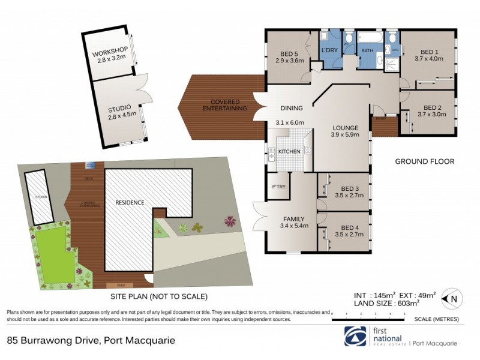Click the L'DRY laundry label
coord(329,50)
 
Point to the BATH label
coord(367,52)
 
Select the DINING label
coord(292,108)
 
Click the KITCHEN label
coord(289,152)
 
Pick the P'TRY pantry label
coord(278,187)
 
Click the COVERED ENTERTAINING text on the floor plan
coord(225,104)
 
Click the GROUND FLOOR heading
coord(424,161)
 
